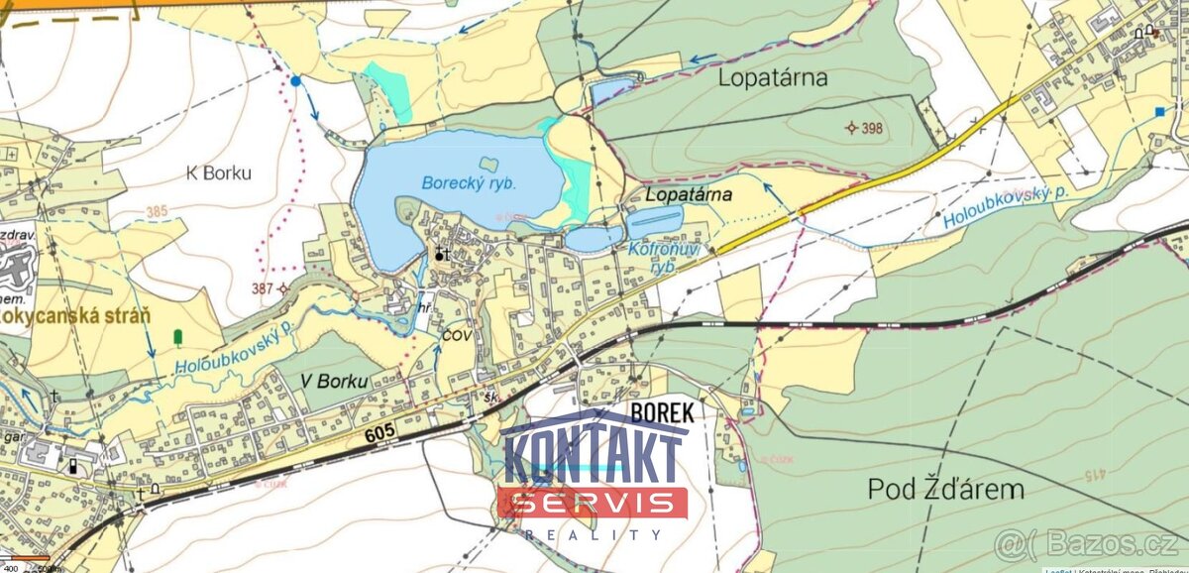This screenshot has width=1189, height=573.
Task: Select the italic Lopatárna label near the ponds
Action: click(689, 194)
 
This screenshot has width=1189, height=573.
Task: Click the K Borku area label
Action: click(219, 172)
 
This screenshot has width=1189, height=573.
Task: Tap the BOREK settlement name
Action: click(662, 412)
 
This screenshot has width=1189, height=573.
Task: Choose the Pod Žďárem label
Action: click(945, 489)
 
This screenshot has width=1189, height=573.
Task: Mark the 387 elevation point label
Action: click(264, 287)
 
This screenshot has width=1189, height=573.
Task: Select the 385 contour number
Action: click(156, 211)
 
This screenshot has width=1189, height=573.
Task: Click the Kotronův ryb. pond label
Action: click(664, 257)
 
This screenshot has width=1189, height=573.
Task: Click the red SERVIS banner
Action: click(593, 503)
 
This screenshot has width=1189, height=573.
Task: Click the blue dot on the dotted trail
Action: click(295, 79)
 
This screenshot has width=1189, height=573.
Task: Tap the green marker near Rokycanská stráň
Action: click(177, 337)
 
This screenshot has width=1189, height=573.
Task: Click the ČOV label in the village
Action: click(455, 335)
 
